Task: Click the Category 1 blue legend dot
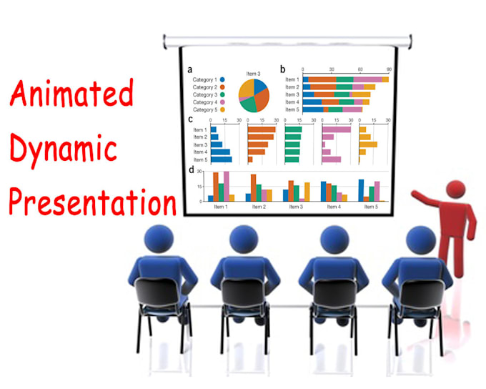pyautogui.click(x=224, y=79)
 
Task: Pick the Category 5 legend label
pyautogui.click(x=204, y=110)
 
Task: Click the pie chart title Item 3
pyautogui.click(x=253, y=73)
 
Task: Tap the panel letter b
pyautogui.click(x=283, y=69)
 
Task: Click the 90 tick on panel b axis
pyautogui.click(x=388, y=70)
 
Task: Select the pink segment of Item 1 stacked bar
pyautogui.click(x=368, y=79)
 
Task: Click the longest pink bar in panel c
pyautogui.click(x=337, y=129)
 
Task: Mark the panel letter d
pyautogui.click(x=191, y=170)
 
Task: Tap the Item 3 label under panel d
pyautogui.click(x=295, y=207)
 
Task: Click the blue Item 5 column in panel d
pyautogui.click(x=361, y=189)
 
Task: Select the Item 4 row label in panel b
pyautogui.click(x=292, y=102)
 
